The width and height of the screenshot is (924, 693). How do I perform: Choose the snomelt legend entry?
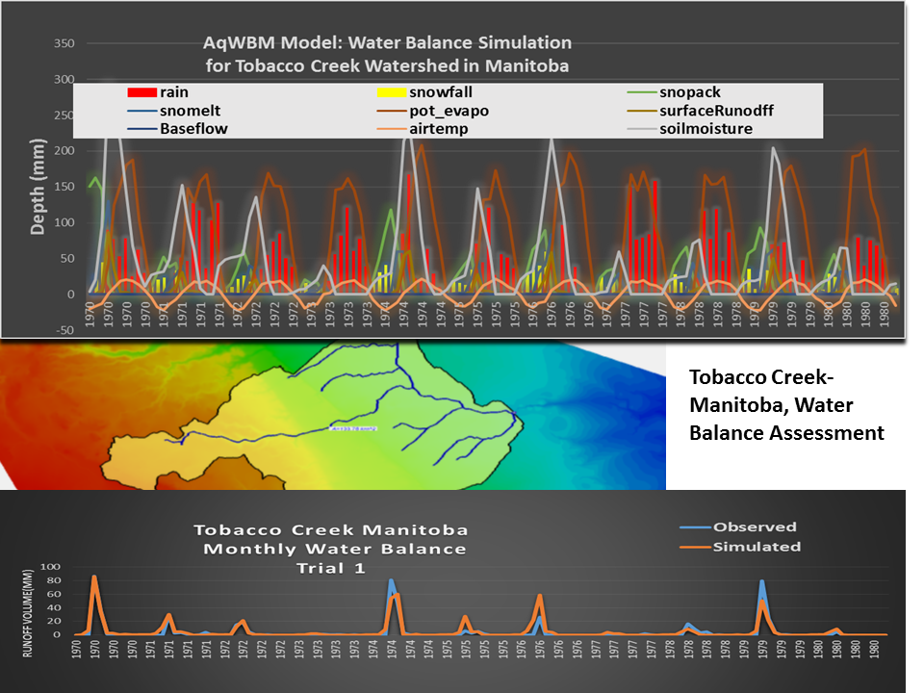pos(192,111)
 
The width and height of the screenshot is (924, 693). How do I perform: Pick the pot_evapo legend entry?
pos(449,111)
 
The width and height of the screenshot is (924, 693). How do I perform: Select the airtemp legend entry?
pos(438,128)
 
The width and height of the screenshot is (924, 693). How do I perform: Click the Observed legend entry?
pos(755,527)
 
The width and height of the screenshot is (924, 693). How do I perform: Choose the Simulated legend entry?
pos(757,547)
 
